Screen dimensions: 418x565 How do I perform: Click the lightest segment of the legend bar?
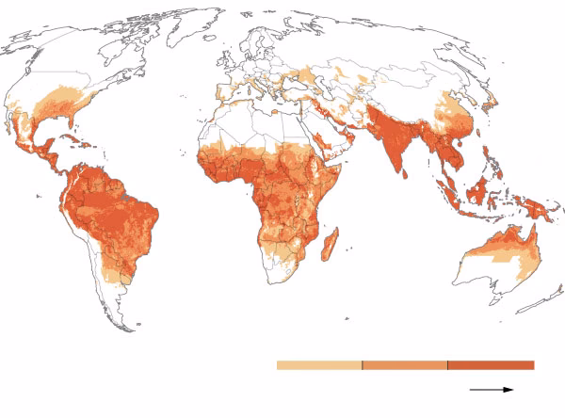[318, 365]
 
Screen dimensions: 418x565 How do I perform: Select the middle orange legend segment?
[404, 365]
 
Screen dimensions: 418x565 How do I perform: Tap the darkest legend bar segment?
[491, 365]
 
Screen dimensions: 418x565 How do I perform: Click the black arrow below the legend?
[492, 389]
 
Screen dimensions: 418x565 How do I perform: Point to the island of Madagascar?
[331, 248]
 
